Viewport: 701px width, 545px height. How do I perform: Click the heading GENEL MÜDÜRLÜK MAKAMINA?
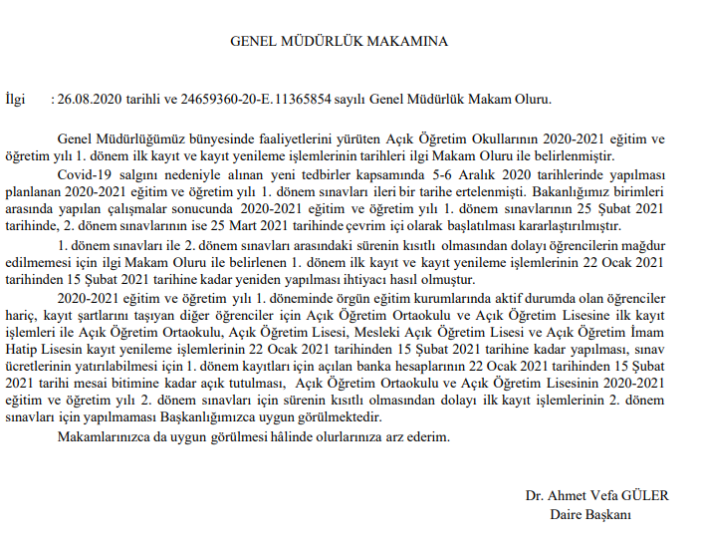339,42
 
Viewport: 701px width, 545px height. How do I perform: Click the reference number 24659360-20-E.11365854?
283,100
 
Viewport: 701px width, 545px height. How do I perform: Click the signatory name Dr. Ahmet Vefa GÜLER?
597,496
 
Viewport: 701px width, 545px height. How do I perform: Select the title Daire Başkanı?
590,515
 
